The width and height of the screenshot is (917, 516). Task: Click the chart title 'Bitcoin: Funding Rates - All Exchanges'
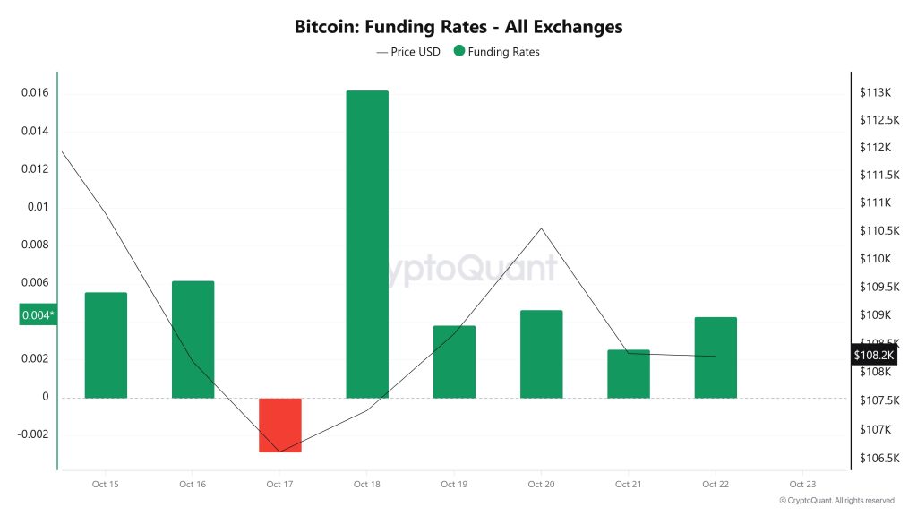[458, 27]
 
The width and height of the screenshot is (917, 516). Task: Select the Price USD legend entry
[409, 52]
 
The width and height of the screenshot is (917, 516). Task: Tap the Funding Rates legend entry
[497, 52]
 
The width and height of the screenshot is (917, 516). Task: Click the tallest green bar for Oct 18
[367, 244]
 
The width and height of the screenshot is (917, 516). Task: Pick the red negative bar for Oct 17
[280, 425]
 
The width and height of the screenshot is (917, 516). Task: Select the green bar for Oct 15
[106, 345]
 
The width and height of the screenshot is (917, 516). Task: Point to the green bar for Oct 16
[193, 340]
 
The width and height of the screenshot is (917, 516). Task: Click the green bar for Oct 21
[629, 374]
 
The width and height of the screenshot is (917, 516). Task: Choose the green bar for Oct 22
[716, 357]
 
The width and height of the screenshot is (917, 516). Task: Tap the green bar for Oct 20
[542, 354]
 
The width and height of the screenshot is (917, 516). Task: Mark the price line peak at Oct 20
[542, 228]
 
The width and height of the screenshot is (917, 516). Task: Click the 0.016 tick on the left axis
[37, 93]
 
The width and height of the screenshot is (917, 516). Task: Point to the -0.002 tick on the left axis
[34, 434]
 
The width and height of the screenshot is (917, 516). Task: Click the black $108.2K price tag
[874, 355]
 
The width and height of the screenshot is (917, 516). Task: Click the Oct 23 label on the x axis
[802, 485]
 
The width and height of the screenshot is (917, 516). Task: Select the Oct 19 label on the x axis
[454, 485]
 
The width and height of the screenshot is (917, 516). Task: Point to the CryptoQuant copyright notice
[836, 501]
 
